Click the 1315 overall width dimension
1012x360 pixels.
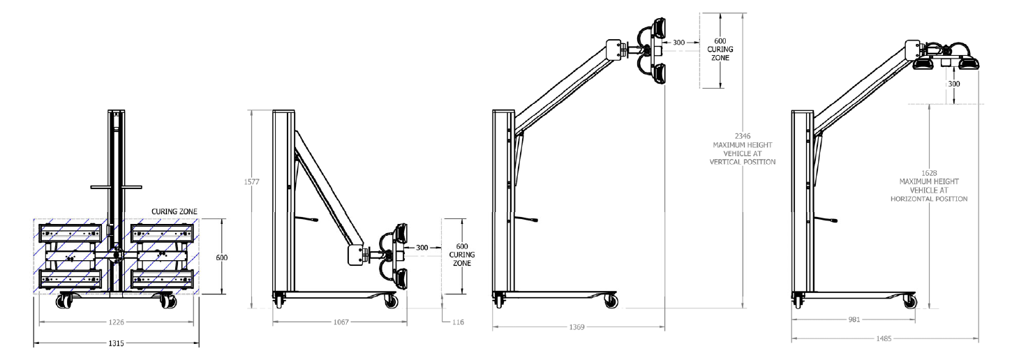click(x=116, y=343)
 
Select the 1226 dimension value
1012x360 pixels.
click(x=116, y=322)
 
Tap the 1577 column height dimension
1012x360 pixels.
click(x=252, y=182)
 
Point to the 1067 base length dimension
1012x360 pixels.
click(x=341, y=322)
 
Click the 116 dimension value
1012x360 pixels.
click(x=458, y=322)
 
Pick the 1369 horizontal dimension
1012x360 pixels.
click(x=577, y=327)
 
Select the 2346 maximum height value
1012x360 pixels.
click(x=743, y=136)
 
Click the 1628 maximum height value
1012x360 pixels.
click(x=929, y=173)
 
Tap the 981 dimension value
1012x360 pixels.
click(x=854, y=320)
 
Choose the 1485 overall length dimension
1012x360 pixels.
click(x=884, y=338)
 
